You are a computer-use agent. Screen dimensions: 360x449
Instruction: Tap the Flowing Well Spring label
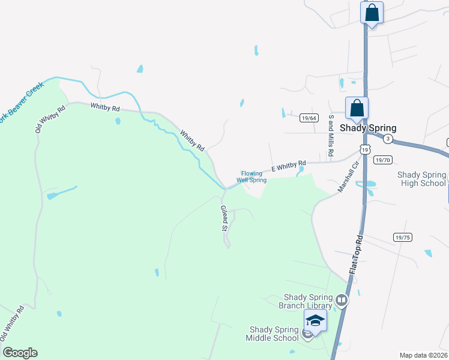point(252,176)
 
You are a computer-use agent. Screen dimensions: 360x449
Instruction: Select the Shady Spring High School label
point(421,179)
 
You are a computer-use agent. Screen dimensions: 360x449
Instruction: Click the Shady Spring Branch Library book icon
point(342,300)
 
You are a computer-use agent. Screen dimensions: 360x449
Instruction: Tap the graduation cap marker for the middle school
point(315,321)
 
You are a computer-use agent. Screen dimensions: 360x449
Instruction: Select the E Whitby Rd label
point(288,166)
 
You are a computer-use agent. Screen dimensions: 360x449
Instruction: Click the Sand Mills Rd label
point(330,137)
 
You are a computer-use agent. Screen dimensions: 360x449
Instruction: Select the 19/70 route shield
point(382,160)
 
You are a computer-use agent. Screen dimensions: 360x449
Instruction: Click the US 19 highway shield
point(364,149)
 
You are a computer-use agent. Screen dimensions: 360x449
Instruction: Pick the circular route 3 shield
point(388,139)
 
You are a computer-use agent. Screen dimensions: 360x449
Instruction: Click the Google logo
point(19,353)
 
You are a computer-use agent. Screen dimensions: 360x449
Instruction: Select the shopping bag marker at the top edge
point(372,13)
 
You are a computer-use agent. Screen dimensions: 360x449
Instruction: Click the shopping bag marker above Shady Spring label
point(357,109)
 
